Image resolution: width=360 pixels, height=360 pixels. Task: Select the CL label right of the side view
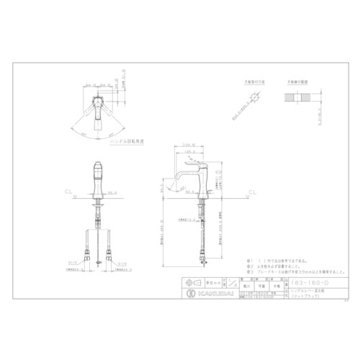[x=253, y=193]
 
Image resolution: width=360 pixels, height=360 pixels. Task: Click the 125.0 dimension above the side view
[x=189, y=153]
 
